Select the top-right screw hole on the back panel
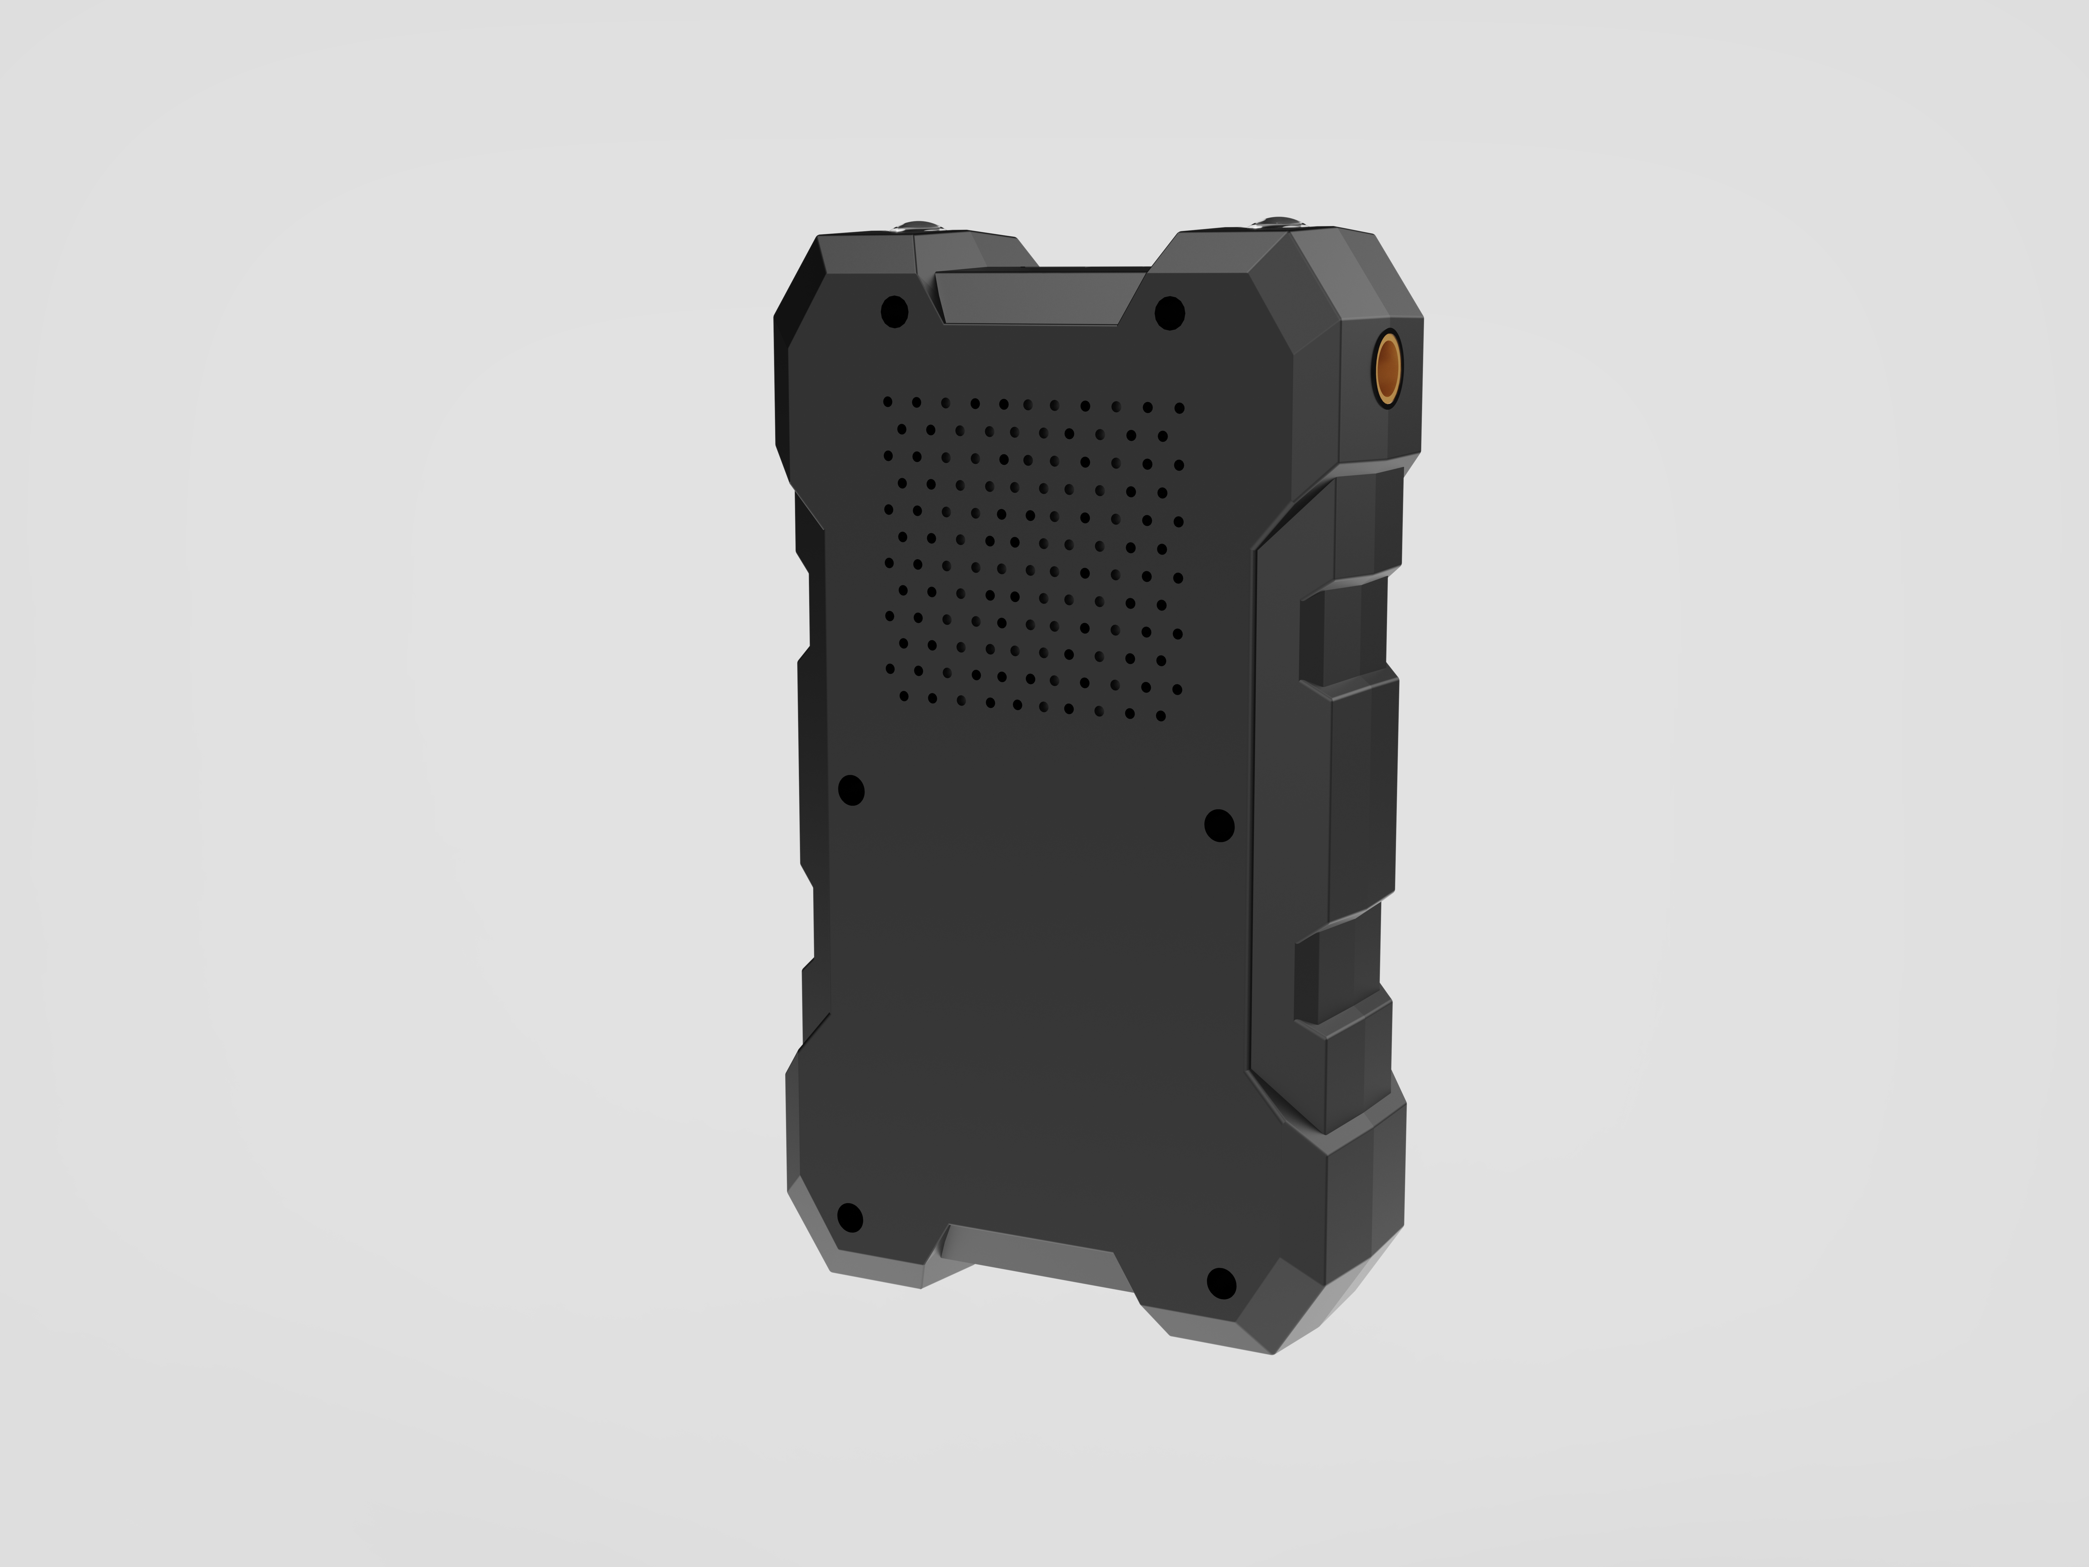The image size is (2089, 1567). (1169, 313)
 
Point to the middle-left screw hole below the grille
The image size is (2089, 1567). (851, 790)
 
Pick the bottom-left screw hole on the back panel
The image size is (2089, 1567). (850, 1217)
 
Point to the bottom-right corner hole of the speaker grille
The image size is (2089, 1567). (1161, 716)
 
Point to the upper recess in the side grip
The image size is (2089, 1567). (1317, 638)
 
